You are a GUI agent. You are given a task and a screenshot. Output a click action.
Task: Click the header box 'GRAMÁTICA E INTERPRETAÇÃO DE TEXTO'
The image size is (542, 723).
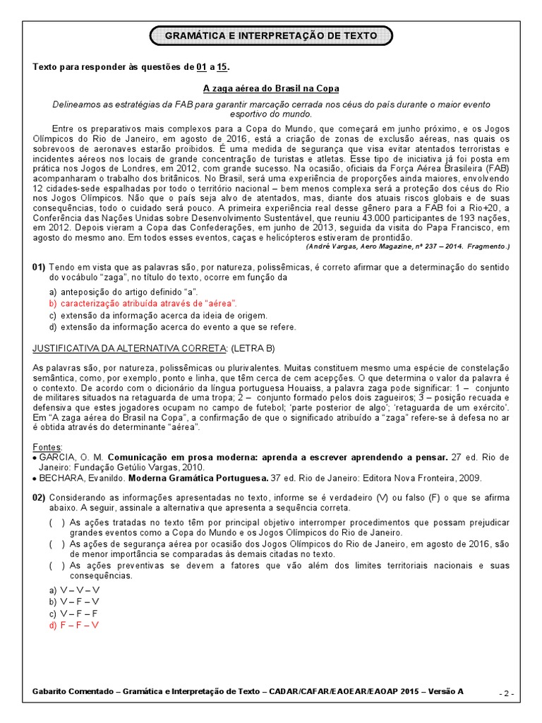(271, 35)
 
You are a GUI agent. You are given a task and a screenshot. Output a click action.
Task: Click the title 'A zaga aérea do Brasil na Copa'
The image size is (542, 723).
(271, 88)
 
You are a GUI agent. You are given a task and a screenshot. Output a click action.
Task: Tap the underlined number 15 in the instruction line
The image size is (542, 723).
(222, 67)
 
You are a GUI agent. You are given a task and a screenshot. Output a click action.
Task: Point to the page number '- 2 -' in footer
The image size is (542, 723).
(506, 693)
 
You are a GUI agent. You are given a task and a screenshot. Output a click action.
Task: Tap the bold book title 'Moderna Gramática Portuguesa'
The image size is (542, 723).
(204, 478)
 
